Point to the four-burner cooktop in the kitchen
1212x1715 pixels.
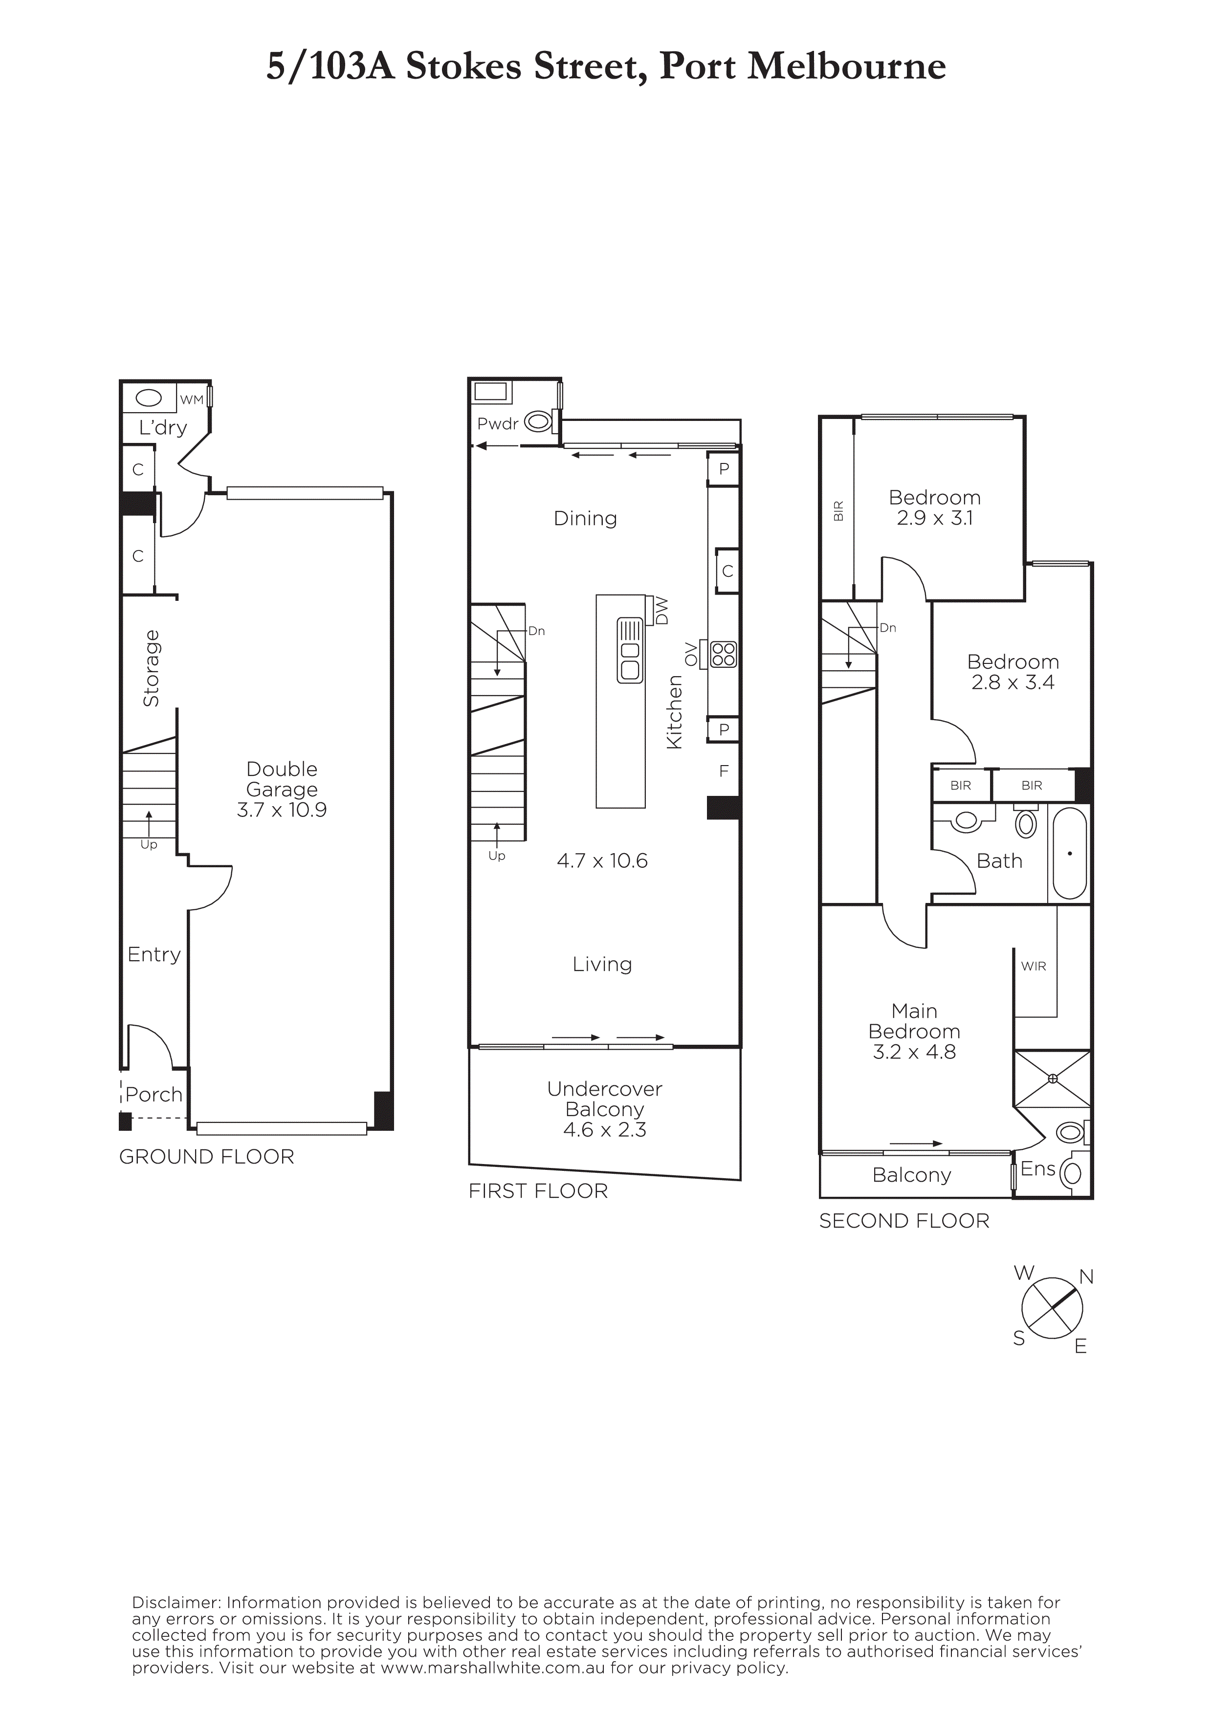click(724, 654)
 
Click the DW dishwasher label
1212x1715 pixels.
click(661, 611)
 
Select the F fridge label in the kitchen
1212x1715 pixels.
click(724, 771)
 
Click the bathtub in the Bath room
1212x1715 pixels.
click(1069, 853)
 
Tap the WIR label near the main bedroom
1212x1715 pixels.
click(1034, 966)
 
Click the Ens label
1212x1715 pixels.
click(1038, 1169)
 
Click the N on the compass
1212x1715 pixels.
click(1086, 1276)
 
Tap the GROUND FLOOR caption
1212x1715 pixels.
click(207, 1157)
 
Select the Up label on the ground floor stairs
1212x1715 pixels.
click(149, 845)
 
